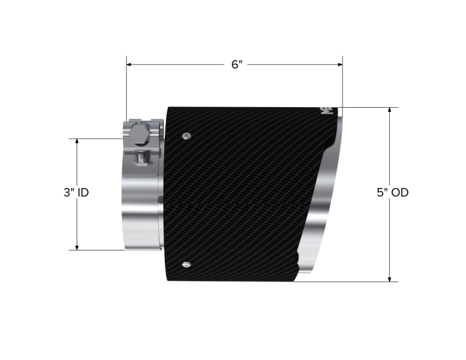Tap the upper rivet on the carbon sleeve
pyautogui.click(x=185, y=135)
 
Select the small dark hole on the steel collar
pyautogui.click(x=161, y=200)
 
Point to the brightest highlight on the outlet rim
pyautogui.click(x=332, y=175)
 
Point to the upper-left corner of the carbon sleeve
pyautogui.click(x=168, y=108)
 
